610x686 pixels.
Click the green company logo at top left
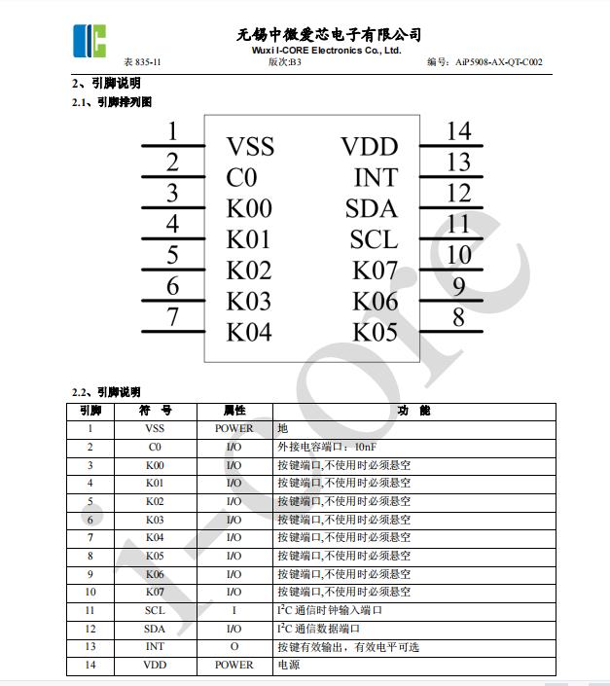88,38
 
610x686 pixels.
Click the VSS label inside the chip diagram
250,147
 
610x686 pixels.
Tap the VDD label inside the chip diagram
370,147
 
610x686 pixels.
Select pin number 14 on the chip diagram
458,131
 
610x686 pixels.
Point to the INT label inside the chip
376,178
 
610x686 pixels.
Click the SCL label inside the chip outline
374,239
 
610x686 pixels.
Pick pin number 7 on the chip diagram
172,316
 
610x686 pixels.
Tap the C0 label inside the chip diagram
241,178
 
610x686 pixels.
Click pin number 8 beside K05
458,316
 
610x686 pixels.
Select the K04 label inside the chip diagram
249,332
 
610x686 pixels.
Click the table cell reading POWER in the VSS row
233,428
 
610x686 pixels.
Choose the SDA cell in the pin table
155,629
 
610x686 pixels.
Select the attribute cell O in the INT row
233,647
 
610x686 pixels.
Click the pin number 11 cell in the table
90,610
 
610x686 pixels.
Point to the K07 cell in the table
155,592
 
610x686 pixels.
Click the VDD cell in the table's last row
155,666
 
